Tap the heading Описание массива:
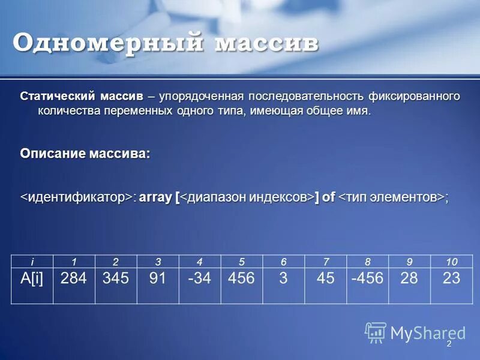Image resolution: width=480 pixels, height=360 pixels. [85, 154]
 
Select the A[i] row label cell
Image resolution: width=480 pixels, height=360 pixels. [32, 278]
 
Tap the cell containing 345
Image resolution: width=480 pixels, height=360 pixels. [116, 278]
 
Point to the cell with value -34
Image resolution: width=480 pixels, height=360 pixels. [199, 278]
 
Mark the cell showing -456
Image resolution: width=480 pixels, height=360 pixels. [367, 278]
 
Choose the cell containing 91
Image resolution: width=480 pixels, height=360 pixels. [158, 278]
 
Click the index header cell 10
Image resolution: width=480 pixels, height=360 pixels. [452, 260]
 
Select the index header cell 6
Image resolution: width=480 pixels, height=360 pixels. [283, 260]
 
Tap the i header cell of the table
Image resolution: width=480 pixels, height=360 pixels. [32, 260]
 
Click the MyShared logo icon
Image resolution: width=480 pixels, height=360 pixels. [376, 332]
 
